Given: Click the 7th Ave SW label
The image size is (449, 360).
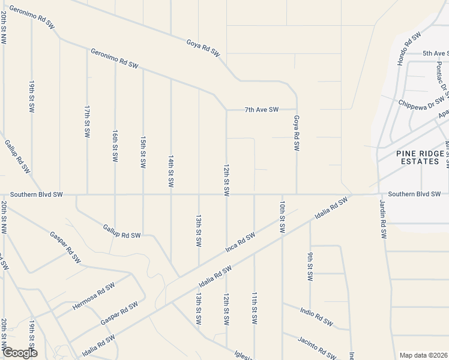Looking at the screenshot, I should click(x=262, y=110).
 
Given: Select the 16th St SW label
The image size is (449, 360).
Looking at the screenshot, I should click(x=115, y=145).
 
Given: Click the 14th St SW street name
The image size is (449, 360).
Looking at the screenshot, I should click(x=171, y=171).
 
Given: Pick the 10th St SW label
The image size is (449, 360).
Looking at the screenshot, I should click(x=281, y=217).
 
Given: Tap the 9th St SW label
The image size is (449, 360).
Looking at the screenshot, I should click(x=310, y=266).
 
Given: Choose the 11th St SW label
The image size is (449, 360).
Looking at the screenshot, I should click(x=255, y=308).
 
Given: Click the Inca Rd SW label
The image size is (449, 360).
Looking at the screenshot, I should click(x=240, y=242).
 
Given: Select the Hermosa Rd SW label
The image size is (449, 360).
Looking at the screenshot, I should click(x=93, y=296).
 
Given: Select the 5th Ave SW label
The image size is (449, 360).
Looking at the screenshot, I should click(x=436, y=53).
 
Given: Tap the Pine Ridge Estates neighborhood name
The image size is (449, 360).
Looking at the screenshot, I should click(x=420, y=157).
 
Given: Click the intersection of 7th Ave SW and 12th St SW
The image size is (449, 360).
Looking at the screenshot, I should click(x=226, y=110).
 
